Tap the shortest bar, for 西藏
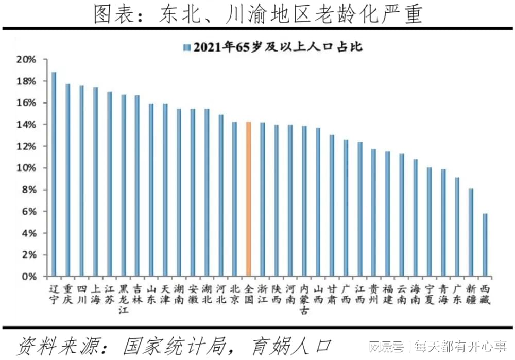(x=485, y=245)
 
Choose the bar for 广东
(x=457, y=227)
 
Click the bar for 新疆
(x=471, y=232)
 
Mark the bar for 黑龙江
(x=124, y=185)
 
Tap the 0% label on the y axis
(x=29, y=277)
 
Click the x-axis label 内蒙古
(x=304, y=298)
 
